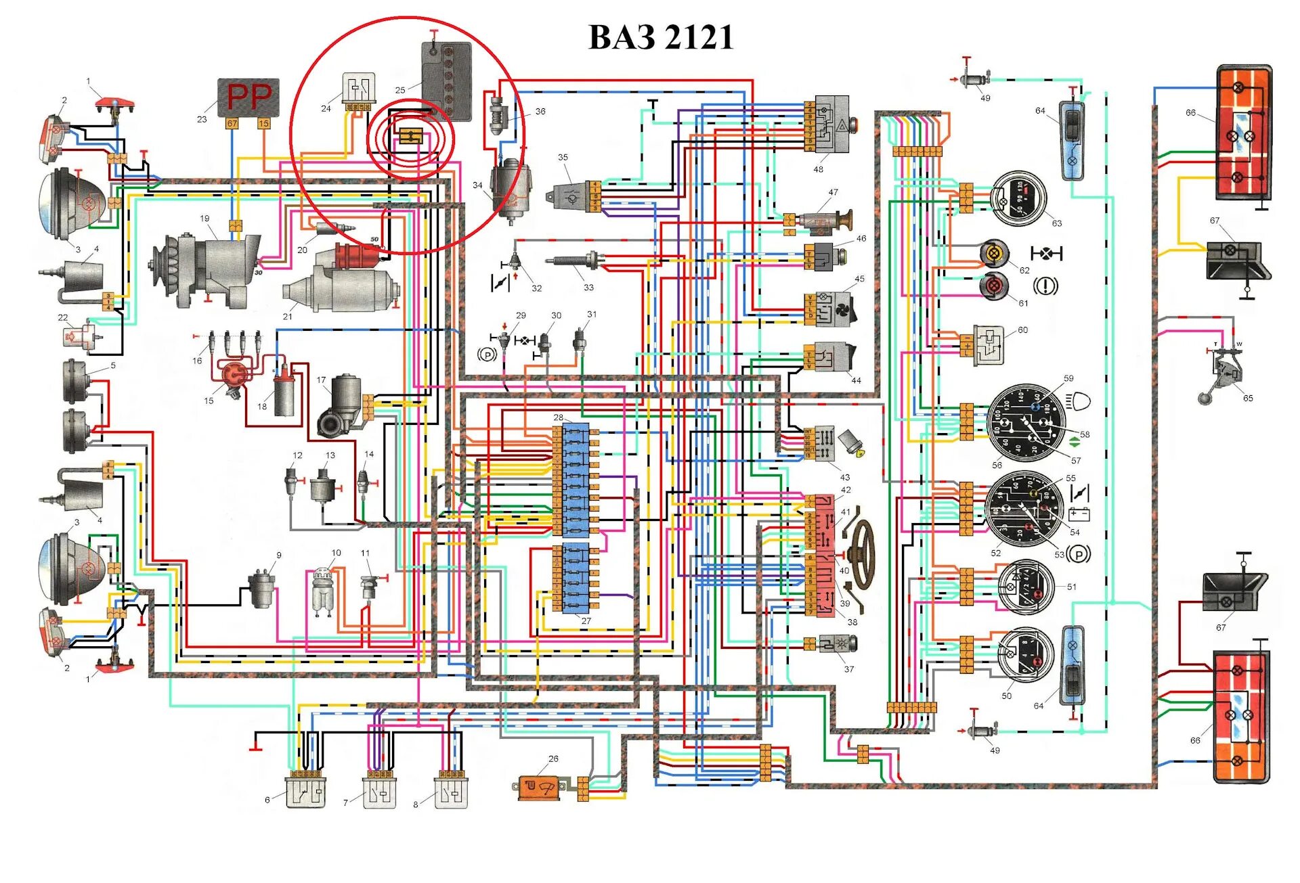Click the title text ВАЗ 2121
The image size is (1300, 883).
pyautogui.click(x=661, y=37)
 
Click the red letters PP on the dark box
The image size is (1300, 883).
pyautogui.click(x=249, y=97)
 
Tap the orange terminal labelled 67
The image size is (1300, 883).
pyautogui.click(x=232, y=124)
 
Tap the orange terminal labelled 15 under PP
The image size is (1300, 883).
pyautogui.click(x=263, y=124)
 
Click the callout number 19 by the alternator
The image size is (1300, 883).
pyautogui.click(x=204, y=219)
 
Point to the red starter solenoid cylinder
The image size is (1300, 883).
pyautogui.click(x=357, y=256)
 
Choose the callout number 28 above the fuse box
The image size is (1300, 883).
pyautogui.click(x=558, y=417)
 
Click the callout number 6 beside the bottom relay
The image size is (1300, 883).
pyautogui.click(x=267, y=800)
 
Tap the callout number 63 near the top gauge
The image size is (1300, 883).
pyautogui.click(x=1056, y=223)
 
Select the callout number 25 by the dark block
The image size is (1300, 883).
pyautogui.click(x=400, y=90)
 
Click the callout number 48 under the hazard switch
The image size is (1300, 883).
pyautogui.click(x=818, y=169)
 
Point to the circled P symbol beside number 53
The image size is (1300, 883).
pyautogui.click(x=1079, y=554)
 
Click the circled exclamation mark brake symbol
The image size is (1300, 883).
pyautogui.click(x=1045, y=286)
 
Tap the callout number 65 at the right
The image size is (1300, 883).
pyautogui.click(x=1248, y=398)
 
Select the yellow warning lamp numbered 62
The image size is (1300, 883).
pyautogui.click(x=994, y=253)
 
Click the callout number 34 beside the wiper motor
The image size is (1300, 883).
pyautogui.click(x=477, y=185)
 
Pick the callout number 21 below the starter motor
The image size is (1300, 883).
pyautogui.click(x=288, y=316)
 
